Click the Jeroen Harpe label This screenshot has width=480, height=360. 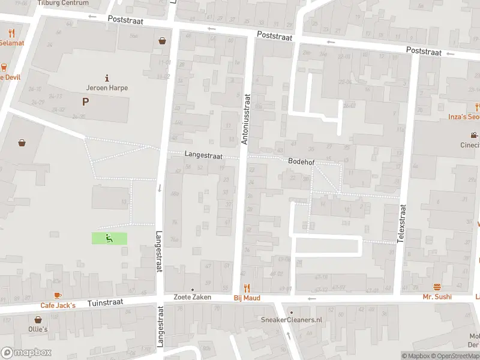tap(107, 88)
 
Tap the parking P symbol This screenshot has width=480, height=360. tap(85, 102)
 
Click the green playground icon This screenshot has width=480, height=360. tap(109, 238)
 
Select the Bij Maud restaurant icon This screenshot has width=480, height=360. tap(246, 289)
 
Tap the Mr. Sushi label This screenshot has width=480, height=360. tap(437, 297)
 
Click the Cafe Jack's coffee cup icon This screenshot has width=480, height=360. tap(58, 296)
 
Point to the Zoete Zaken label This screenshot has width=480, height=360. tap(193, 297)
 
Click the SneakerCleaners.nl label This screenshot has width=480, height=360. tap(292, 320)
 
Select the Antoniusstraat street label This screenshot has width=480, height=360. tap(245, 118)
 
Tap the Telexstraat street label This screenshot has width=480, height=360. tap(403, 223)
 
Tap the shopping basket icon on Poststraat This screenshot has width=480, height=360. tap(162, 41)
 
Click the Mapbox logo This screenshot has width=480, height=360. tap(26, 353)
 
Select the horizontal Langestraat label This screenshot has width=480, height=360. tap(203, 155)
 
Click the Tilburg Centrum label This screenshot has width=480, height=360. tap(62, 3)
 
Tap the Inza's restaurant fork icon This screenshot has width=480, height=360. tap(477, 107)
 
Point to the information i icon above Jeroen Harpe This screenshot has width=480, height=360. tap(107, 77)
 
